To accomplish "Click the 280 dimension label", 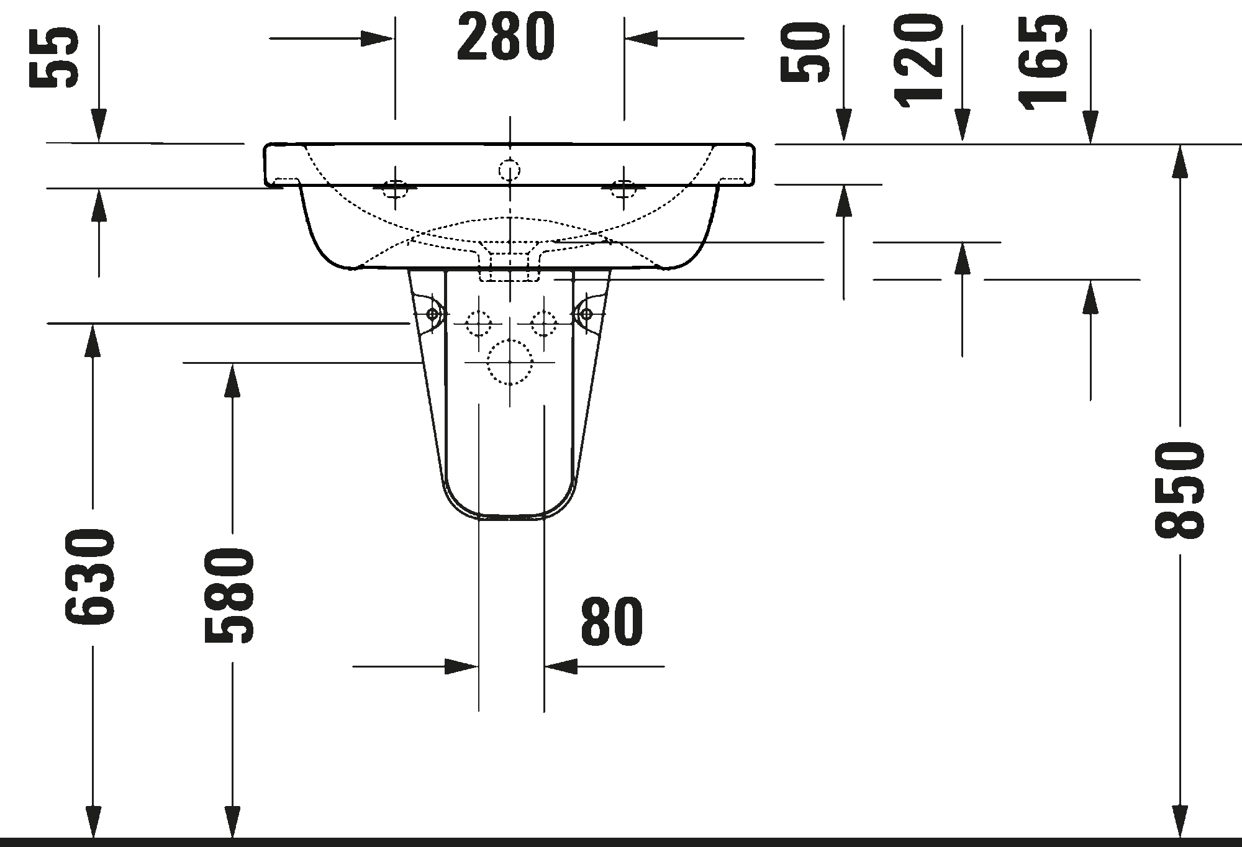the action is pyautogui.click(x=506, y=37).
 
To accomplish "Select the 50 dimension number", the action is pyautogui.click(x=805, y=52).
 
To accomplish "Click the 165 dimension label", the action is pyautogui.click(x=1043, y=62).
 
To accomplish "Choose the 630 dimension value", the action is pyautogui.click(x=89, y=577).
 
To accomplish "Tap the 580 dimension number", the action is pyautogui.click(x=229, y=595).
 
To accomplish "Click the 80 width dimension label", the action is pyautogui.click(x=612, y=622).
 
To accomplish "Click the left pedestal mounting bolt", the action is pyautogui.click(x=432, y=314).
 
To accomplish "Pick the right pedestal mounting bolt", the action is pyautogui.click(x=586, y=314).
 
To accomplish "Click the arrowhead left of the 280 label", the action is pyautogui.click(x=377, y=38).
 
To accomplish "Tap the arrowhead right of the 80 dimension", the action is pyautogui.click(x=561, y=666).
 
